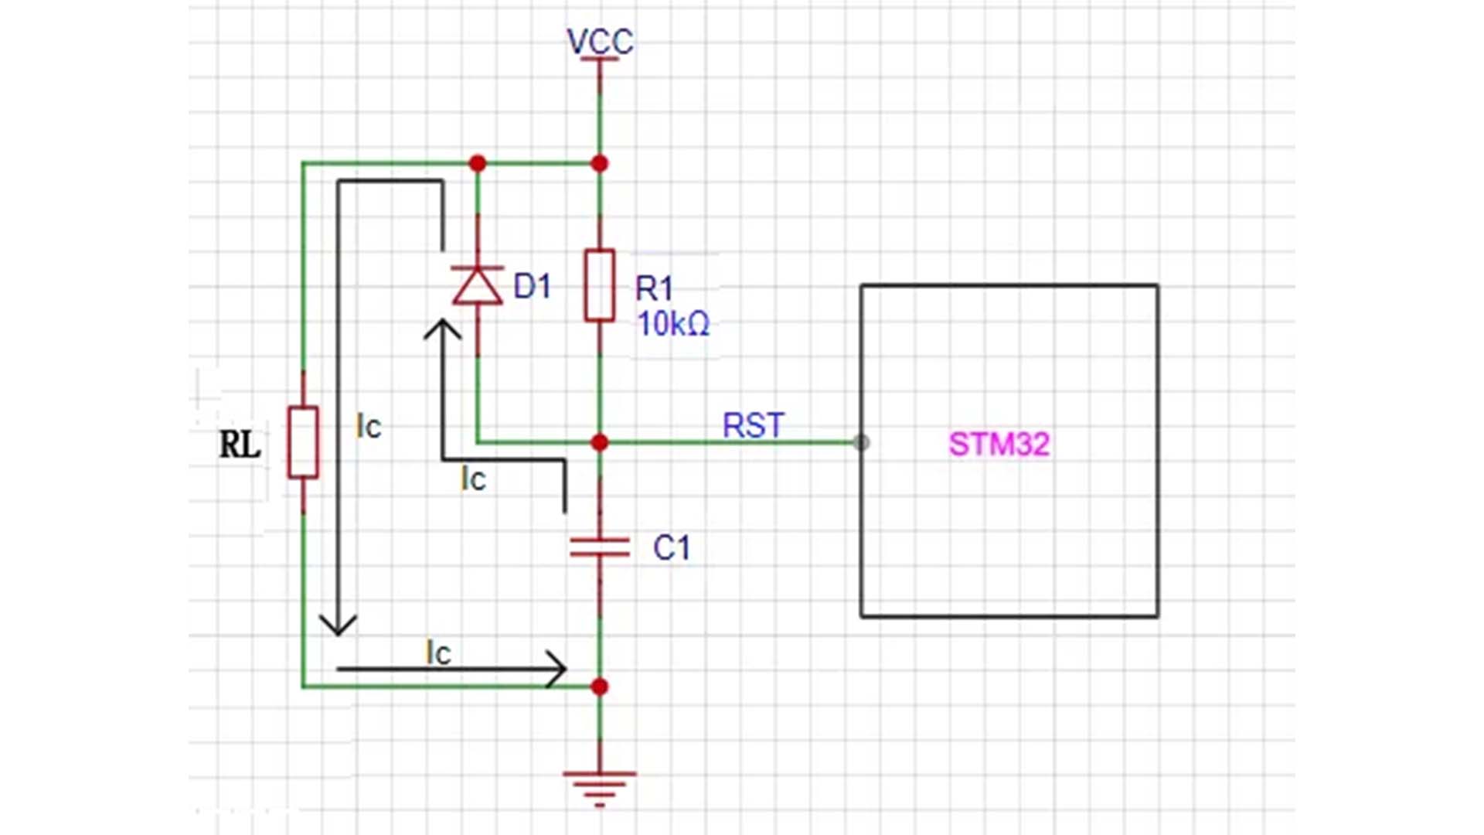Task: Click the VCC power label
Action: (600, 41)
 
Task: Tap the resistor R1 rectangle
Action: (600, 285)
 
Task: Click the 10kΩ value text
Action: (672, 324)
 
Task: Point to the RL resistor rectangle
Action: (303, 442)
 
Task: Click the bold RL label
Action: (240, 445)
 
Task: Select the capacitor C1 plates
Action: (600, 547)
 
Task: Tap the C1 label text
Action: (671, 548)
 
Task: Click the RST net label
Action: (753, 425)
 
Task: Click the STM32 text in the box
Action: (999, 445)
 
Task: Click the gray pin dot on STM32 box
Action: (861, 442)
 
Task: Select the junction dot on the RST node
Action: (600, 442)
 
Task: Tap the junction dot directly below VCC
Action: (600, 163)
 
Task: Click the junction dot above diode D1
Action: (478, 163)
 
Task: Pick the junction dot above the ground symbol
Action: (600, 687)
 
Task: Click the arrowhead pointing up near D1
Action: (442, 329)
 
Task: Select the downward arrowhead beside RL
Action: (338, 625)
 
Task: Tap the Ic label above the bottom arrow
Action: (438, 653)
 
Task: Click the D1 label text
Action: (532, 287)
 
